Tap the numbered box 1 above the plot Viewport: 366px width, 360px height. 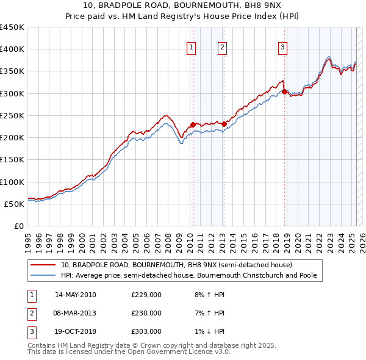[192, 48]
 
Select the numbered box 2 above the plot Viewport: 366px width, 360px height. [222, 48]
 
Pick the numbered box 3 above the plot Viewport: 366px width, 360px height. [283, 48]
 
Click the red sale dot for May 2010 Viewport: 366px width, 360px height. [193, 125]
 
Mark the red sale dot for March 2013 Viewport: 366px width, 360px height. [224, 124]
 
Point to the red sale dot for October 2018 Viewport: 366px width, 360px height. [285, 92]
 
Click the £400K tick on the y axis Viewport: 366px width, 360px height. [12, 49]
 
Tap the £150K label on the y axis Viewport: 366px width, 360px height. [12, 160]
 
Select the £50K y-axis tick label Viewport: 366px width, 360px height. [15, 204]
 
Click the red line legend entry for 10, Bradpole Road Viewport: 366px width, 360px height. [177, 265]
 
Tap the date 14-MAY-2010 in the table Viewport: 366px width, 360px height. [76, 295]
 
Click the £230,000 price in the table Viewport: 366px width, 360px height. [146, 313]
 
